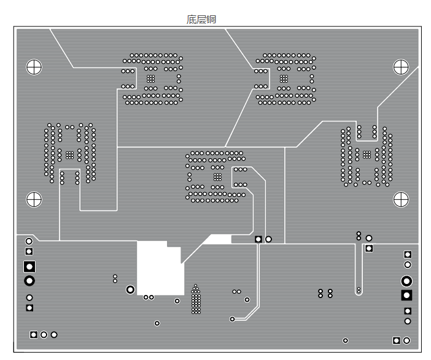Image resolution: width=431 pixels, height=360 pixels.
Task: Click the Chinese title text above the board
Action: tap(201, 20)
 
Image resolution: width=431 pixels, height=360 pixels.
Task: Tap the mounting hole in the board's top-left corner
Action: tap(34, 67)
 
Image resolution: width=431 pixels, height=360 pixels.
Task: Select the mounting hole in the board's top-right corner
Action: tap(401, 67)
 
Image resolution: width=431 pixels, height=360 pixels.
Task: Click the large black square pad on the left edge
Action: tap(29, 267)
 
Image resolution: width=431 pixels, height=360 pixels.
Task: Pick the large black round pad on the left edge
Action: tap(29, 281)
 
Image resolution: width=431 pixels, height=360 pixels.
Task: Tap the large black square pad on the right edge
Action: tap(406, 296)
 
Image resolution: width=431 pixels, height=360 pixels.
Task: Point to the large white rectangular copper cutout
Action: tap(160, 268)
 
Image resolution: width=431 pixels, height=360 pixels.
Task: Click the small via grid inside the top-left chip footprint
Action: tap(150, 79)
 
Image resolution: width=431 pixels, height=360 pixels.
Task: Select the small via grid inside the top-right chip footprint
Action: tap(284, 79)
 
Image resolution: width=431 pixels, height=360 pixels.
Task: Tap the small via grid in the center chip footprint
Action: tap(218, 177)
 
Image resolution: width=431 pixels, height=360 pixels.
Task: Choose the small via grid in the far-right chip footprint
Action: tap(367, 155)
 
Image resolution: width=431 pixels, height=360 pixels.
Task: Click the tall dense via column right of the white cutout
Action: tap(196, 299)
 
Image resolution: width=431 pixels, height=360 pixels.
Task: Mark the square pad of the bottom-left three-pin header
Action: tap(34, 335)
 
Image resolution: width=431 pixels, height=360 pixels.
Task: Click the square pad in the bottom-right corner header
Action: tap(397, 340)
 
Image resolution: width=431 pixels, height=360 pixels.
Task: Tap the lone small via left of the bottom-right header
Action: tap(346, 340)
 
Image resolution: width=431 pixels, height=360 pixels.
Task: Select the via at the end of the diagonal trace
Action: tap(232, 319)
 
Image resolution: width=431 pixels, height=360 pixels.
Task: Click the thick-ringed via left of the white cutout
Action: tap(130, 289)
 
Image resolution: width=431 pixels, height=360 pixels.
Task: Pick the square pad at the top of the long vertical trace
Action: tap(258, 239)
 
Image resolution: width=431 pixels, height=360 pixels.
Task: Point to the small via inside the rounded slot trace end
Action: tap(359, 289)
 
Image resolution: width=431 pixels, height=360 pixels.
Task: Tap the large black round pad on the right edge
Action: tap(406, 281)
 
